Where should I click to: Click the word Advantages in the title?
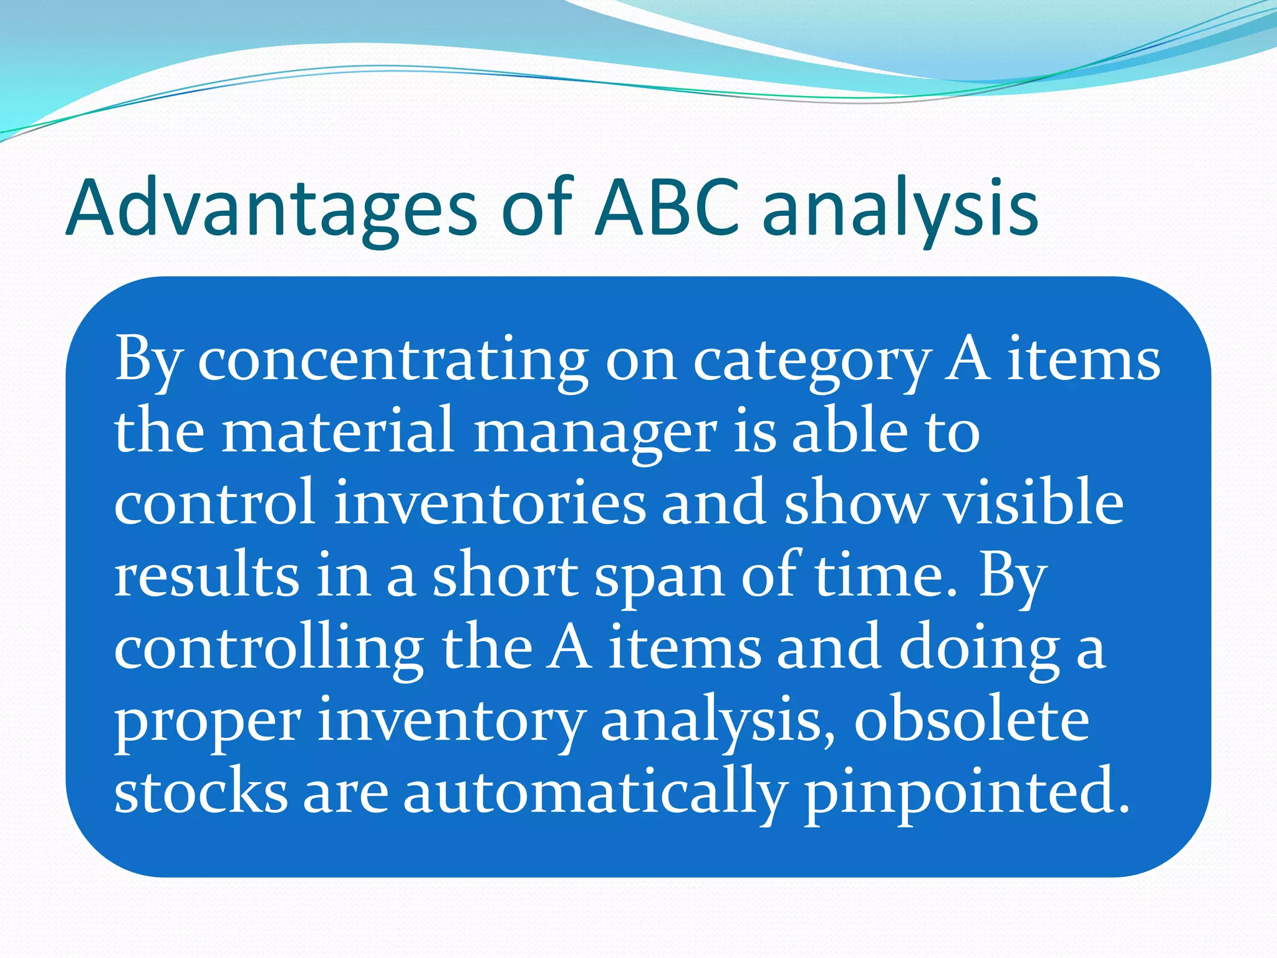click(271, 209)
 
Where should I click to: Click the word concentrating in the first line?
click(393, 361)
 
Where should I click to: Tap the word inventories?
click(489, 503)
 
